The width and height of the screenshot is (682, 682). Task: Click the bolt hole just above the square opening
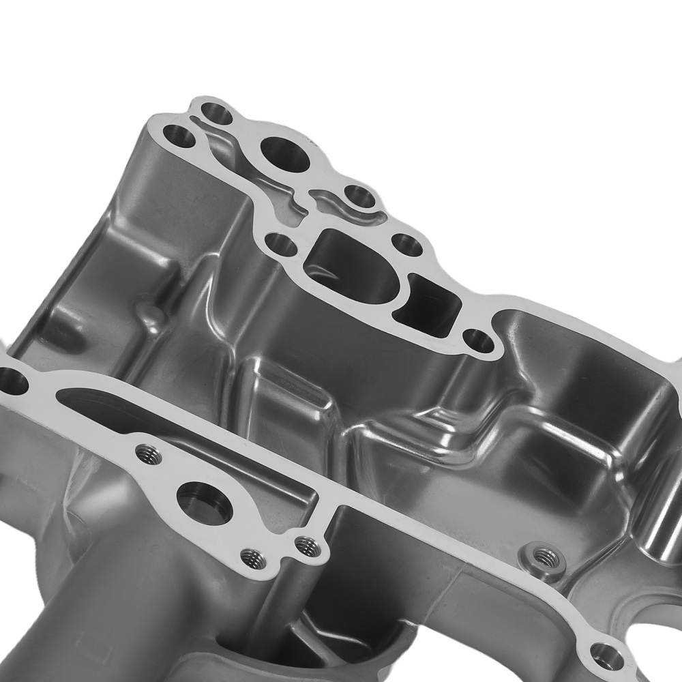coord(408,244)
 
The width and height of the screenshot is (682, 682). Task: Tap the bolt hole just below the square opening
coord(478,340)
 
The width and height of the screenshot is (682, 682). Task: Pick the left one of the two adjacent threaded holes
coord(253,558)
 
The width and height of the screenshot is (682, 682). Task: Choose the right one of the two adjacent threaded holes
coord(307,545)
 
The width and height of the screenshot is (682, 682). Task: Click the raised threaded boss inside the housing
coord(543,558)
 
